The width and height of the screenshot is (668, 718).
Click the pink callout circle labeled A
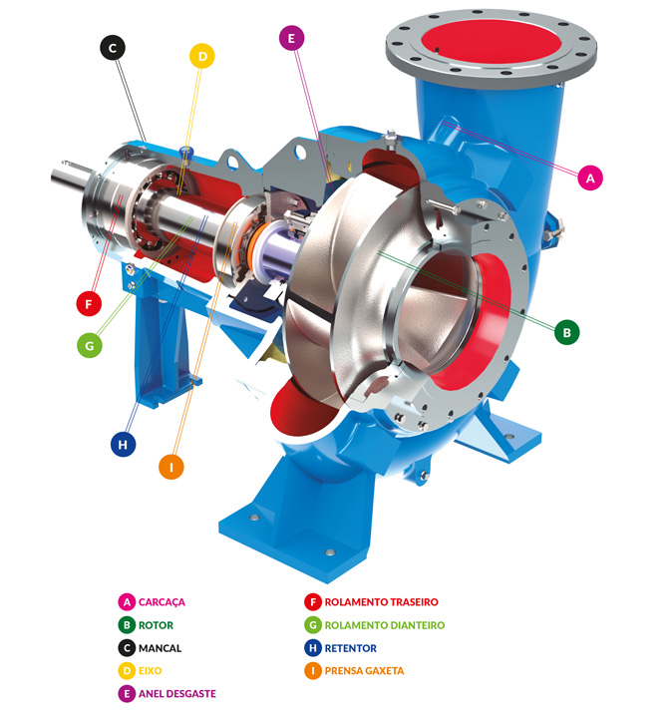[x=589, y=178]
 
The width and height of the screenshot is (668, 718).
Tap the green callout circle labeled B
[x=567, y=332]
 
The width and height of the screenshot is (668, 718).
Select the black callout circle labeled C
[x=113, y=47]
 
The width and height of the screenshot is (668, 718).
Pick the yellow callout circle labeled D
[x=202, y=56]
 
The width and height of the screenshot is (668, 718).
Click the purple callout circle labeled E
[x=292, y=38]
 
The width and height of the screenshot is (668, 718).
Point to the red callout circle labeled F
[x=89, y=303]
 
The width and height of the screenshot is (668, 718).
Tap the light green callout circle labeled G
[x=90, y=345]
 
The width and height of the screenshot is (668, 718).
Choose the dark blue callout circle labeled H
[x=124, y=444]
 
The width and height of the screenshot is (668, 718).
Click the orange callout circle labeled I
[x=171, y=467]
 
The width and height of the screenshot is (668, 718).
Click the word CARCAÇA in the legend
[x=163, y=601]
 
